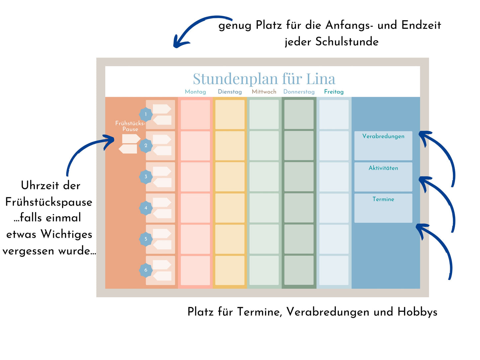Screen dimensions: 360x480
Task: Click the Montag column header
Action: [195, 92]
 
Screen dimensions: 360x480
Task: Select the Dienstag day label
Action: [230, 92]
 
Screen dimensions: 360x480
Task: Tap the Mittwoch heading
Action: [264, 92]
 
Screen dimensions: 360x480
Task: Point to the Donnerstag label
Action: [299, 92]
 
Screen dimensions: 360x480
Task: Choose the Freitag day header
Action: [334, 92]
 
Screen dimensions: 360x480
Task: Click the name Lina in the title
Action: [321, 79]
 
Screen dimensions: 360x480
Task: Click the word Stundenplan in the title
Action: [235, 79]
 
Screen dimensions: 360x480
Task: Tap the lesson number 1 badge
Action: [145, 114]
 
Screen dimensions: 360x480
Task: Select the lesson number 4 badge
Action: [145, 208]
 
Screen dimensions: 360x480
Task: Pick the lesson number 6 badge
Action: [145, 270]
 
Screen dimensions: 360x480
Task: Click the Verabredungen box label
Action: [383, 136]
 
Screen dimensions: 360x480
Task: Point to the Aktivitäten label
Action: [383, 168]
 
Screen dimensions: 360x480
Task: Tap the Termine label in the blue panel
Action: [383, 199]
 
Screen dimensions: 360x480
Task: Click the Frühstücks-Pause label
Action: [130, 126]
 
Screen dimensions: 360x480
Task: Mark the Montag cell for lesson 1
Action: [195, 115]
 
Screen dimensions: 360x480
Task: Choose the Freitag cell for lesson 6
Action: [334, 270]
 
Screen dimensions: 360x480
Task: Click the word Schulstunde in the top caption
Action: [347, 42]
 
